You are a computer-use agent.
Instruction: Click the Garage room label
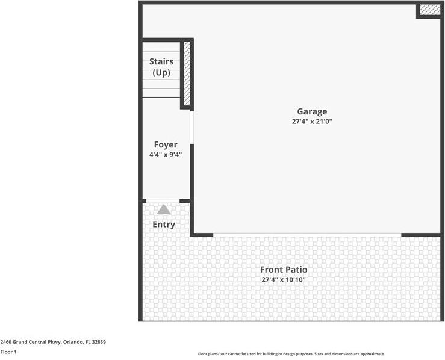(x=312, y=111)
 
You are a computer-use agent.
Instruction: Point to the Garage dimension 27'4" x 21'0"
(x=312, y=122)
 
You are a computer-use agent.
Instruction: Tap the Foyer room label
(x=166, y=144)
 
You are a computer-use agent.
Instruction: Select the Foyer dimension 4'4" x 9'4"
(x=166, y=155)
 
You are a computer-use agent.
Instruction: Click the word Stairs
(x=161, y=61)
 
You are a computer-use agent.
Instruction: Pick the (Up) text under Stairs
(x=161, y=73)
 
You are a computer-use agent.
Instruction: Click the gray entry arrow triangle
(x=164, y=209)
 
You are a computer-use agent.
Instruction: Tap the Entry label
(x=164, y=225)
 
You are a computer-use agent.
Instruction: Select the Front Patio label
(x=284, y=270)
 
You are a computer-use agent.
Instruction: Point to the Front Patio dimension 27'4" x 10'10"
(x=284, y=280)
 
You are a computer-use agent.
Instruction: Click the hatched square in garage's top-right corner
(x=430, y=10)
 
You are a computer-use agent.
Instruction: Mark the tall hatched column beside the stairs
(x=187, y=73)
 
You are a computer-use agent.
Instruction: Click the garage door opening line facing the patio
(x=307, y=234)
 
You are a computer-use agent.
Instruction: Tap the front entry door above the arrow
(x=163, y=201)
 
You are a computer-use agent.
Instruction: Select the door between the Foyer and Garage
(x=191, y=126)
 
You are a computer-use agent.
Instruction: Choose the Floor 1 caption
(x=8, y=352)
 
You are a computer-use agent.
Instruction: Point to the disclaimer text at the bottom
(x=291, y=354)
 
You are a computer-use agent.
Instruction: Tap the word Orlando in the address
(x=71, y=342)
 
